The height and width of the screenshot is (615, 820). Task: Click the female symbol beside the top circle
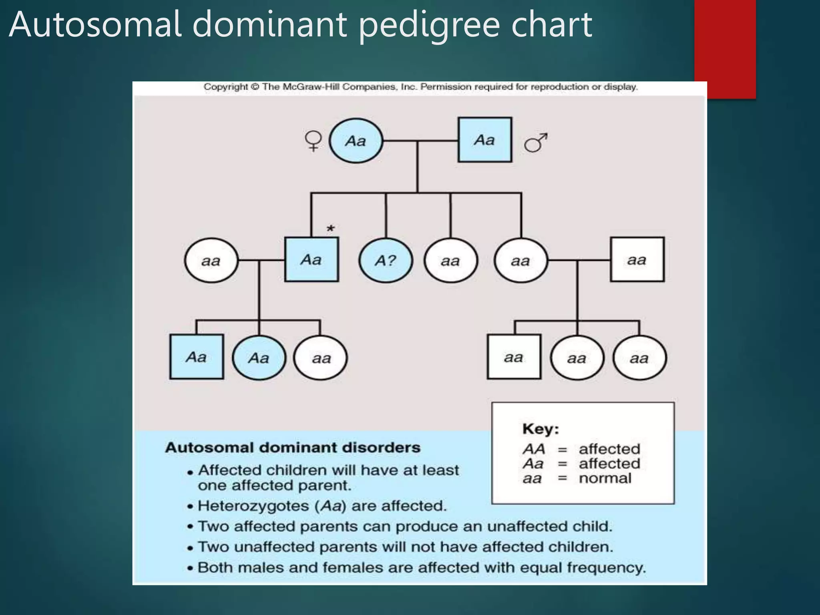coord(313,141)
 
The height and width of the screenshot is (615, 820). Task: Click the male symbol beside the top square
coord(536,143)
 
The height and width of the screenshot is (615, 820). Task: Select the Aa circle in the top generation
coord(356,141)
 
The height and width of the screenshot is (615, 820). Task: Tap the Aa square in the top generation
coord(485,140)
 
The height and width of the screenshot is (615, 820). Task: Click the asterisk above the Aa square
coord(330,229)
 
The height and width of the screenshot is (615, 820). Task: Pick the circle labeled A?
coord(386,261)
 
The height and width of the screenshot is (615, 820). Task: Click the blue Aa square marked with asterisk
coord(312,260)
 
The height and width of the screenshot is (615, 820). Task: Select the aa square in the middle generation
coord(637,260)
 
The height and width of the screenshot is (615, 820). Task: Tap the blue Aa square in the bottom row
coord(197,357)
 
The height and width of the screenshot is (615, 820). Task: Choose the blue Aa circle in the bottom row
coord(259,358)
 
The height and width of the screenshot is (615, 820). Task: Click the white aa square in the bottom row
coord(514,357)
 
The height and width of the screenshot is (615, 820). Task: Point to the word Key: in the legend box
coord(541,429)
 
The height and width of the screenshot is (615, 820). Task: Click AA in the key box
coord(534,449)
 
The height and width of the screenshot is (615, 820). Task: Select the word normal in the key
coord(605,478)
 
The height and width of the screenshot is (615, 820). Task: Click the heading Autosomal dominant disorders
coord(293,447)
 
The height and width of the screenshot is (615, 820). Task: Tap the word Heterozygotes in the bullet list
coord(253,506)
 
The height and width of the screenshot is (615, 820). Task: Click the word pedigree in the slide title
coord(429,25)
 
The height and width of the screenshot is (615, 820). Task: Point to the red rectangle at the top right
coord(725,48)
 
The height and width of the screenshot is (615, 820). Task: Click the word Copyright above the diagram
coord(226,86)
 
